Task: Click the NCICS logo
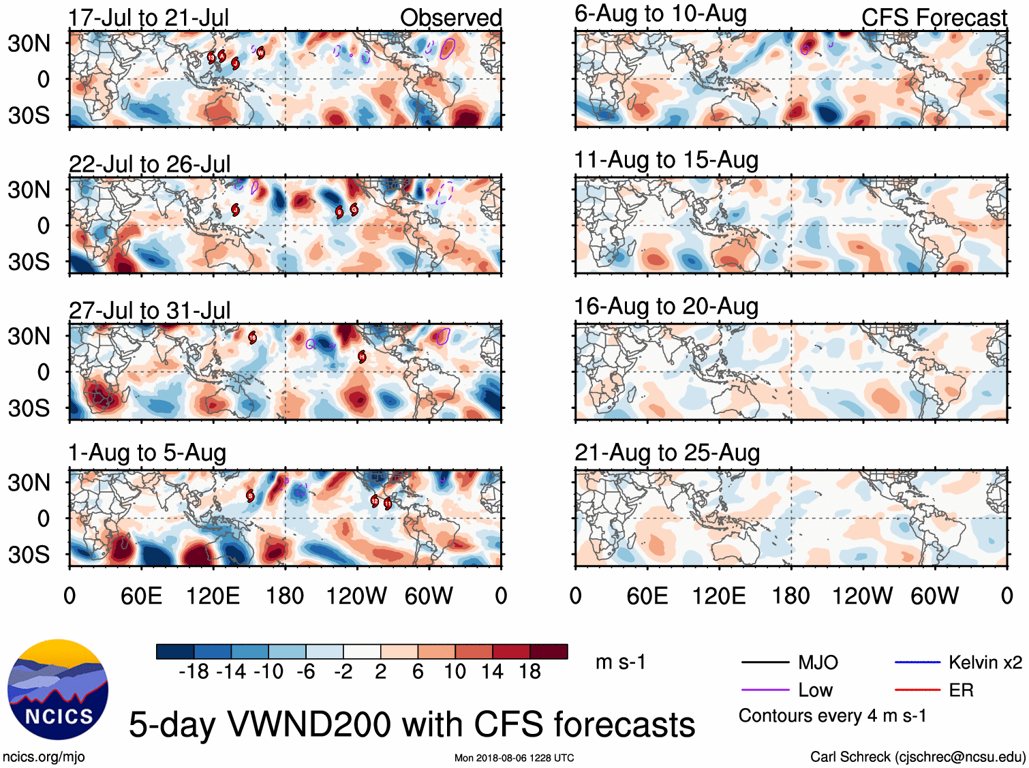pos(58,690)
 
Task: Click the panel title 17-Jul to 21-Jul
pos(149,18)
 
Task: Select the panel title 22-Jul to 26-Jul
pos(149,164)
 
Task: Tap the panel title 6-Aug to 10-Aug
pos(660,14)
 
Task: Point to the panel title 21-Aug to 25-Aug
pos(667,452)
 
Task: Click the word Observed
pos(450,18)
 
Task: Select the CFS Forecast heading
pos(934,18)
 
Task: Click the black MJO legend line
pos(765,662)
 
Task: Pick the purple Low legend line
pos(765,690)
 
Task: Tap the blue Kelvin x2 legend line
pos(917,662)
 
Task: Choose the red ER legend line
pos(917,690)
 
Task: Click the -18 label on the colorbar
pos(194,672)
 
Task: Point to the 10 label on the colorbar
pos(455,672)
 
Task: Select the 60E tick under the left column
pos(141,596)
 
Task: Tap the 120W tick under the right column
pos(862,596)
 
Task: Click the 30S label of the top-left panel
pos(29,115)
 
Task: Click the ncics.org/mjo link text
pos(44,756)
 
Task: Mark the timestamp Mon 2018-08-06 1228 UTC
pos(514,758)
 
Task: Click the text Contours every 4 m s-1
pos(832,716)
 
